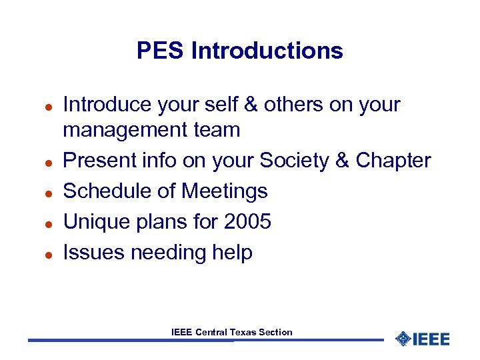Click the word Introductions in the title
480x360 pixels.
[x=267, y=51]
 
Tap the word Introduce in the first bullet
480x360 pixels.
[x=107, y=105]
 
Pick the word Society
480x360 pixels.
[x=293, y=161]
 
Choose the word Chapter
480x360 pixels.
[x=393, y=161]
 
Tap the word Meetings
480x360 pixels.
[x=225, y=191]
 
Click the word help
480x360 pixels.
[x=229, y=253]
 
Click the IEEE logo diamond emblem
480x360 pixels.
[x=403, y=339]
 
